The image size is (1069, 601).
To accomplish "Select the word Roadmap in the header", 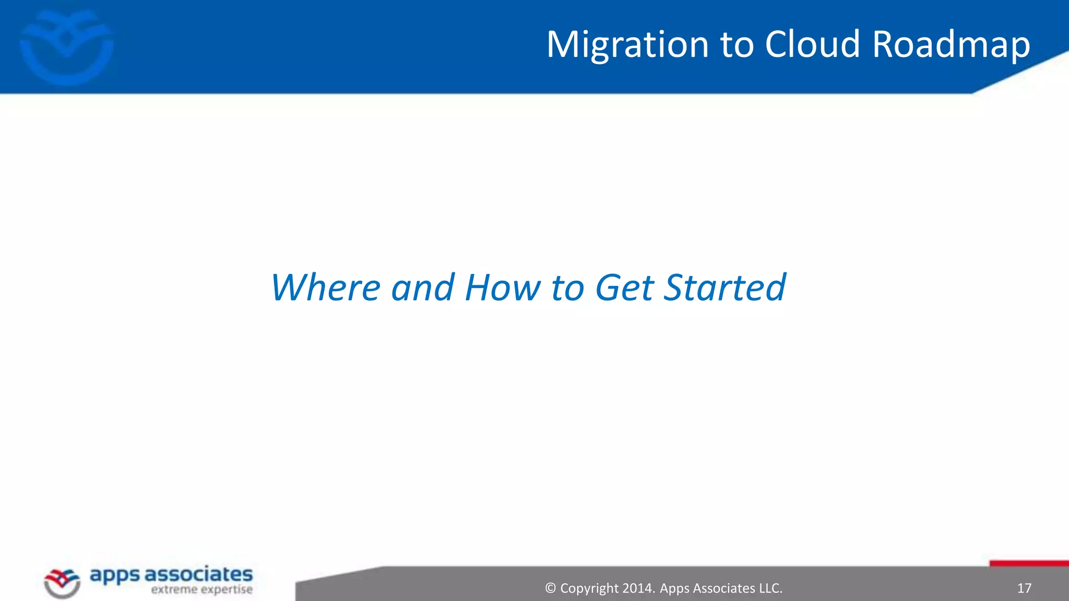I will (x=951, y=45).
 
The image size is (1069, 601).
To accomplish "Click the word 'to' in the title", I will (x=737, y=45).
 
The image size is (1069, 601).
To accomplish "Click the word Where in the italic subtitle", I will (x=325, y=287).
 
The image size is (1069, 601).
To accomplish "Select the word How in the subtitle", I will (x=502, y=287).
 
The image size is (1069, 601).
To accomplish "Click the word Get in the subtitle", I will (x=624, y=287).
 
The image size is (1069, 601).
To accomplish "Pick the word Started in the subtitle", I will (x=724, y=287).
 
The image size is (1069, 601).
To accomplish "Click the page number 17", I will (x=1024, y=588).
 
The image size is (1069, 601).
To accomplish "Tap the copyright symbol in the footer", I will (x=550, y=588).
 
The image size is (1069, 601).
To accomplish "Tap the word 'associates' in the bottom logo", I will (x=198, y=574).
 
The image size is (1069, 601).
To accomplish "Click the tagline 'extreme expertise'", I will (x=201, y=590).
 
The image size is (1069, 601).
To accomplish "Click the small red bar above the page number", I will (x=1029, y=563).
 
